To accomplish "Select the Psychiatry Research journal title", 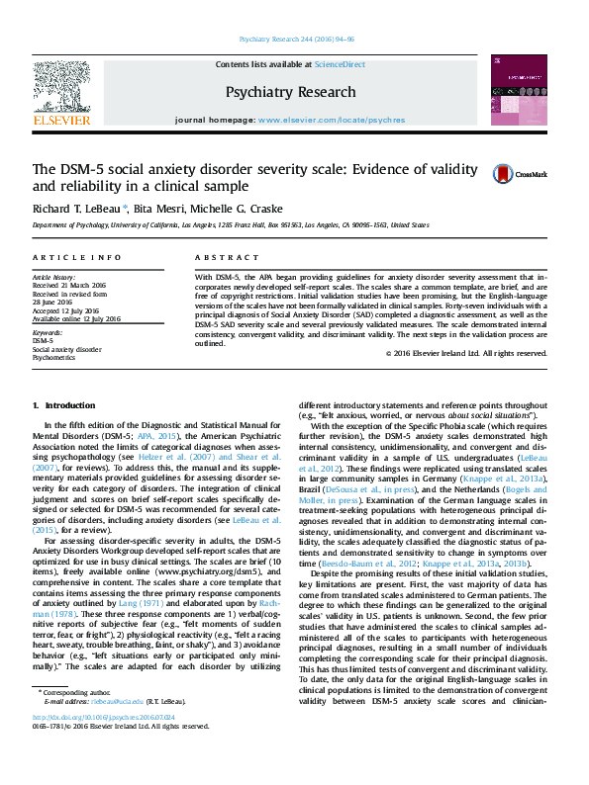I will [290, 92].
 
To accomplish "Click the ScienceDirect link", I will [340, 64].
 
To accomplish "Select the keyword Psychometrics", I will [55, 357].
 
